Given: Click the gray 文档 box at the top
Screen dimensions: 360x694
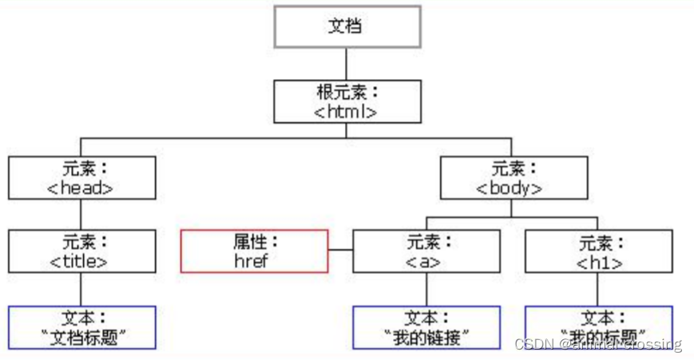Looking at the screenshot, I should point(346,26).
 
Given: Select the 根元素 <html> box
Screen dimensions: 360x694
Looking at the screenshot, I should point(346,101).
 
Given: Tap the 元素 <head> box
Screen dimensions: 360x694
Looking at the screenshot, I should point(81,177).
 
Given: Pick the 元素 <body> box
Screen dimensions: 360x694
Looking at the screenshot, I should point(514,177).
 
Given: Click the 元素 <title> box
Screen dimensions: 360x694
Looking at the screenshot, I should point(81,251).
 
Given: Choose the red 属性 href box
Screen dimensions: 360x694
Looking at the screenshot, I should point(254,251).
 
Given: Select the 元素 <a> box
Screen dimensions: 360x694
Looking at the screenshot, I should point(426,251).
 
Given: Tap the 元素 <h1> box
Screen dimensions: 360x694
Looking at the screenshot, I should point(598,251).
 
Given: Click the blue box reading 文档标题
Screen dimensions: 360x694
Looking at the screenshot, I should point(81,327).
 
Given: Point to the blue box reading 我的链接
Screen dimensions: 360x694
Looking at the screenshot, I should point(426,327).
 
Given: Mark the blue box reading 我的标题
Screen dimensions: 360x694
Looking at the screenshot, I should point(598,327).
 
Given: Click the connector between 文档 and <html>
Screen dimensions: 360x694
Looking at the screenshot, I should point(346,63).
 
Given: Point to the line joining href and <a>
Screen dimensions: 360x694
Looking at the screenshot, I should point(340,251).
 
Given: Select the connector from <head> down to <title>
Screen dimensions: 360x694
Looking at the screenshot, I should point(81,214).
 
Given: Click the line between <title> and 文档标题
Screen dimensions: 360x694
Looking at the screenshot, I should point(81,289).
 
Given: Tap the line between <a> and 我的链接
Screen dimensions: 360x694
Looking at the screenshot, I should point(426,289).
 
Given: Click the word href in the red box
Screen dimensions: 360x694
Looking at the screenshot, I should point(254,260).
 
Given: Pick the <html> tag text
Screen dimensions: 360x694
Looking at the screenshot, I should point(346,111).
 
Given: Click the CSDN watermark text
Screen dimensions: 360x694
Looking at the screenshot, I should point(598,344).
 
